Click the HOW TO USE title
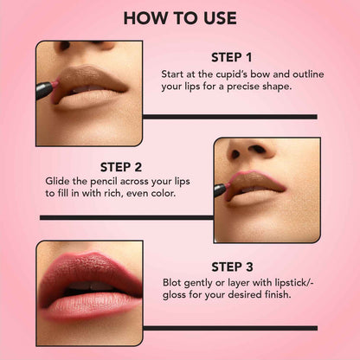coord(180,17)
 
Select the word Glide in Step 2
coord(60,182)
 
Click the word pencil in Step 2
coord(112,182)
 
